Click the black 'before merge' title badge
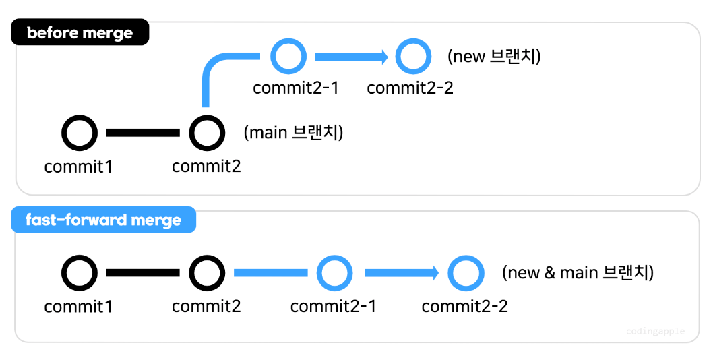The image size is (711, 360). pyautogui.click(x=80, y=32)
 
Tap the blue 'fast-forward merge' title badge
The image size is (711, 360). pyautogui.click(x=103, y=220)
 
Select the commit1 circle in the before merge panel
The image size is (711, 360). pyautogui.click(x=80, y=133)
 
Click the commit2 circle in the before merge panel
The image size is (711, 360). pyautogui.click(x=207, y=133)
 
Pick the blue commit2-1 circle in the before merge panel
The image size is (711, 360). pyautogui.click(x=288, y=57)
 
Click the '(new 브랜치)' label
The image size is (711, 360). pyautogui.click(x=494, y=56)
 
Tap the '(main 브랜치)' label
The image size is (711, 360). pyautogui.click(x=293, y=133)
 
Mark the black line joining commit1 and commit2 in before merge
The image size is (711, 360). pyautogui.click(x=143, y=133)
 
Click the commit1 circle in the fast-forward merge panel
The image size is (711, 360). pyautogui.click(x=80, y=273)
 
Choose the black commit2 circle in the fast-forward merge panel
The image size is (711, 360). pyautogui.click(x=207, y=273)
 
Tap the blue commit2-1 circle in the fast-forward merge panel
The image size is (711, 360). pyautogui.click(x=334, y=273)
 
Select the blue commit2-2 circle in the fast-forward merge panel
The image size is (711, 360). pyautogui.click(x=466, y=273)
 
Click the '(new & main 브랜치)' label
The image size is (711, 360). pyautogui.click(x=578, y=272)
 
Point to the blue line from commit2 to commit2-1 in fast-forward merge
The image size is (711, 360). pyautogui.click(x=270, y=273)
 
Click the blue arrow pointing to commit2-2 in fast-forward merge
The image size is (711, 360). pyautogui.click(x=402, y=273)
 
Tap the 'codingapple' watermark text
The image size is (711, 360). pyautogui.click(x=655, y=331)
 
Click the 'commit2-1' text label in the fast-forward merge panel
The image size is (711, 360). pyautogui.click(x=333, y=307)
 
